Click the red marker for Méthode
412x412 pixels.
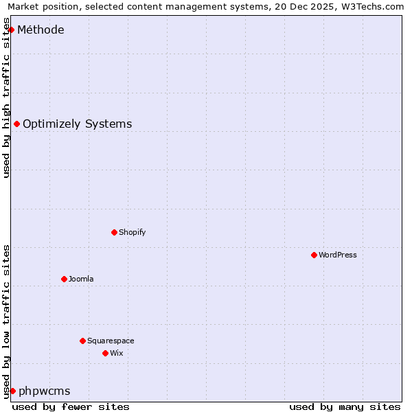(x=11, y=30)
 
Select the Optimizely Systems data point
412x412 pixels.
(x=16, y=124)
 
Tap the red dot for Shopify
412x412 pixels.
(x=114, y=232)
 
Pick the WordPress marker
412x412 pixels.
(x=314, y=255)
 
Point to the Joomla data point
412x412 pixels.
(x=64, y=279)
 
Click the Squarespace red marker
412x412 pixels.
(x=82, y=341)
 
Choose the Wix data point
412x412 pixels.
(x=105, y=353)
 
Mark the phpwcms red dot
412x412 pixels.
(x=12, y=391)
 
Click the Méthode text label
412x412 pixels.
(x=41, y=30)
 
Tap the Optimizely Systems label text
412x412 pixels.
(x=77, y=124)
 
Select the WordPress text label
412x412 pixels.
(x=337, y=255)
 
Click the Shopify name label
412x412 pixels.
(x=132, y=232)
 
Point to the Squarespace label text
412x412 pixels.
(x=111, y=341)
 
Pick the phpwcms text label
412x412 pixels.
(x=44, y=391)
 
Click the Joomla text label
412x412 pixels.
(x=81, y=279)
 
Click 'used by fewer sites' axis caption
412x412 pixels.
(x=71, y=407)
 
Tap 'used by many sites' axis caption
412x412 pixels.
(x=345, y=407)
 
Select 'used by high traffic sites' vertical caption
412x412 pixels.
(x=6, y=98)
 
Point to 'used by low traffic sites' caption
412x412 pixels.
(x=6, y=321)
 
